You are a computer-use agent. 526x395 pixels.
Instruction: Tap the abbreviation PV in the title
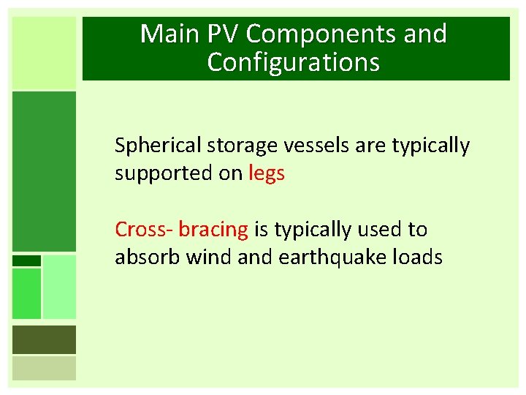[x=220, y=34]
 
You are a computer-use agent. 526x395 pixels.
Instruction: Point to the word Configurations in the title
[x=294, y=62]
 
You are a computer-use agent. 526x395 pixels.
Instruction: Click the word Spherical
[x=157, y=146]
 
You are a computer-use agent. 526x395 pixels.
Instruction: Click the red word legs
[x=267, y=175]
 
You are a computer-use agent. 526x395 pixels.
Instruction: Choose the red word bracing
[x=213, y=230]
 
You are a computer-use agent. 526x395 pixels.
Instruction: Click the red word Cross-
[x=144, y=230]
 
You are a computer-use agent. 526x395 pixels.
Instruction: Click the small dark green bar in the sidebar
[x=26, y=260]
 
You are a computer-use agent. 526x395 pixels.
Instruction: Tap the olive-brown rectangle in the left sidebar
[x=44, y=339]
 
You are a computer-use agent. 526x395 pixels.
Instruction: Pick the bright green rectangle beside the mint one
[x=26, y=293]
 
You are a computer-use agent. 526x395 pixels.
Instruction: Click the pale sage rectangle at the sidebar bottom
[x=44, y=368]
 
